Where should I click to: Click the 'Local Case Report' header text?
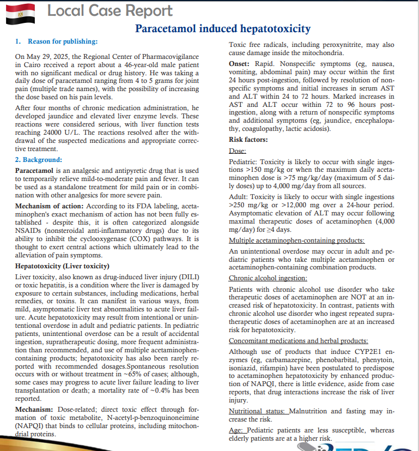110,10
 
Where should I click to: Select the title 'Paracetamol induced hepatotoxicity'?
223,28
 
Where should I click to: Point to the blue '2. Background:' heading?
39,160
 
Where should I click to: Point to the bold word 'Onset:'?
239,64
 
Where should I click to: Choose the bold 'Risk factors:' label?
248,140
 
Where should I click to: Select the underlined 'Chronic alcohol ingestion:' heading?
268,278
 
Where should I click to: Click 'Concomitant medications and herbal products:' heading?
299,341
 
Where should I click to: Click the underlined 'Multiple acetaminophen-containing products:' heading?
296,240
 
